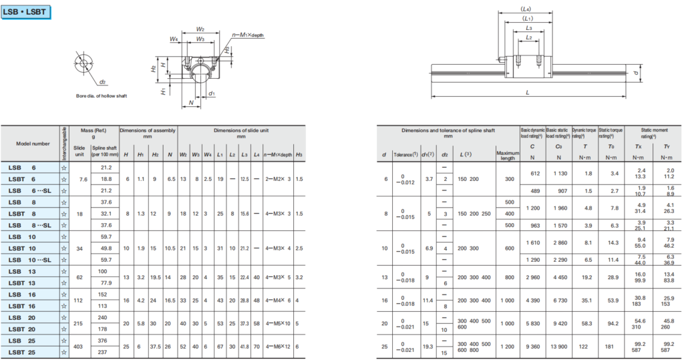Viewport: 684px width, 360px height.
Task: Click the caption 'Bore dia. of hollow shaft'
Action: point(102,96)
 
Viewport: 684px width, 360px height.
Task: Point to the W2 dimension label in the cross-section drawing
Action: point(200,29)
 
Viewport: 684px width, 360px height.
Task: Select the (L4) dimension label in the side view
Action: point(526,9)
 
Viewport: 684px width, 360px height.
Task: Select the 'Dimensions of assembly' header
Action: point(148,131)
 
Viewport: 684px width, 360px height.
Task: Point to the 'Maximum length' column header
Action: point(507,156)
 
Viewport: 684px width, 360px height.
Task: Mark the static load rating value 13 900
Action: point(558,346)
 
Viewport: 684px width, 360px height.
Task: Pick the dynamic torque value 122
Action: point(588,346)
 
